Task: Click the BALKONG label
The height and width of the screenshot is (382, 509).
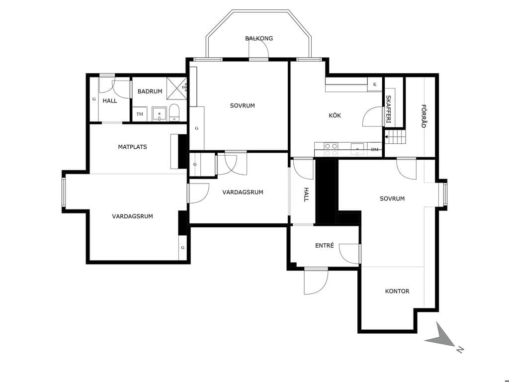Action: tap(259, 38)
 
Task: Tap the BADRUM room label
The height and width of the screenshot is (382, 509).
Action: tap(150, 92)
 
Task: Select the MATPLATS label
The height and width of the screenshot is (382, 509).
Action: tap(132, 147)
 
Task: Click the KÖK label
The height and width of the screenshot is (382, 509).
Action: tap(335, 115)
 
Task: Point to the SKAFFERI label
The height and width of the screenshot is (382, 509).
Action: tap(389, 109)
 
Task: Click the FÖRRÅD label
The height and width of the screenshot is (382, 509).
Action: tap(424, 116)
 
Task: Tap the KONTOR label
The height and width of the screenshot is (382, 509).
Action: tap(397, 291)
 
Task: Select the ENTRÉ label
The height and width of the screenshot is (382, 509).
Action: tap(325, 246)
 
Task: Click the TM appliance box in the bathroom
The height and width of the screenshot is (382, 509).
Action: tap(140, 114)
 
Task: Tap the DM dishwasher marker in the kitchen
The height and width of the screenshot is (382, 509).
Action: tap(375, 149)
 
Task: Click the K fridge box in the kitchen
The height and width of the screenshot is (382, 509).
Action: tap(375, 85)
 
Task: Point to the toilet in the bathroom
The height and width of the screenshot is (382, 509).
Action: tap(174, 112)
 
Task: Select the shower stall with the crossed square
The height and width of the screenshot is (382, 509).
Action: tap(176, 88)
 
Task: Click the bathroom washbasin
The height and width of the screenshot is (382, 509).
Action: tap(159, 114)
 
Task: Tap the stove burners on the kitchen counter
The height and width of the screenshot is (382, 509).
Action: tap(331, 149)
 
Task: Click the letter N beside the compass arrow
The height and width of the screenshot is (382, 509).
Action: tap(460, 350)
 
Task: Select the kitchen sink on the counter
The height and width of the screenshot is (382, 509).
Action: tap(357, 149)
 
